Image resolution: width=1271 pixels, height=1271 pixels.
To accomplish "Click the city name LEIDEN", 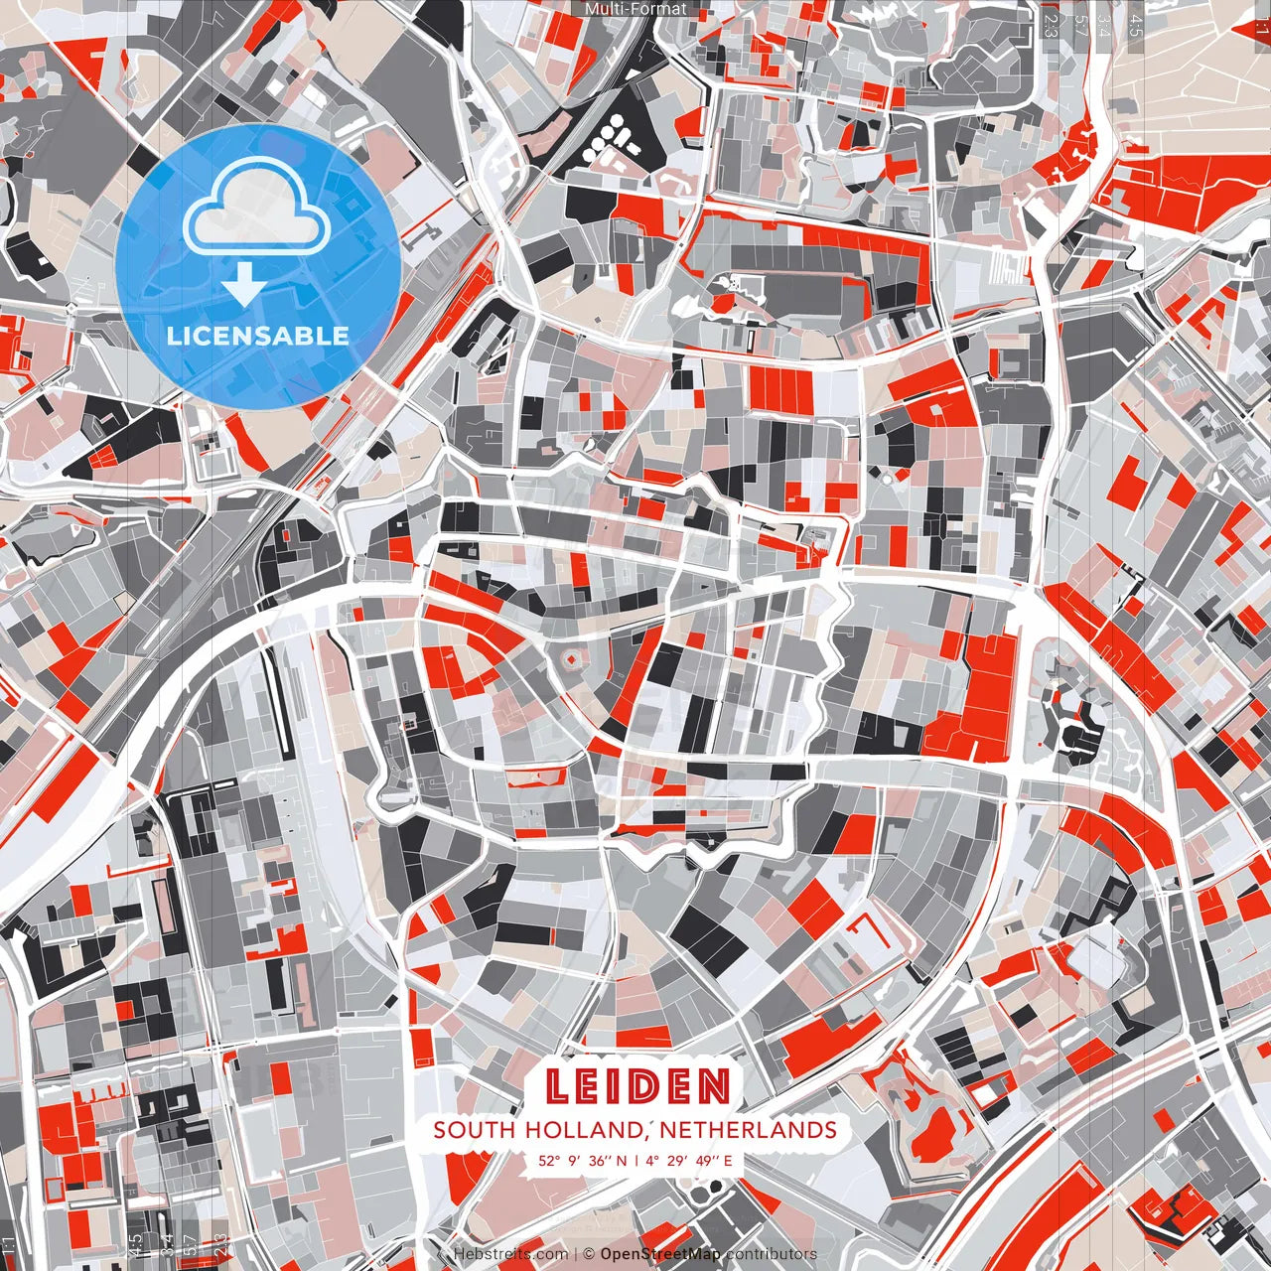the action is click(637, 1087).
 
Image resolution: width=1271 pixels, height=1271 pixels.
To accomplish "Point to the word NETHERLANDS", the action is click(748, 1130).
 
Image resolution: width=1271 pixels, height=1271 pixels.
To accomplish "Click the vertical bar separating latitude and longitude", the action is click(635, 1160).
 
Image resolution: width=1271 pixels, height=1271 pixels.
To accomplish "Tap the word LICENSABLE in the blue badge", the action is click(258, 336).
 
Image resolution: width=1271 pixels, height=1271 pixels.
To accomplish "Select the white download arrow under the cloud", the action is click(244, 286).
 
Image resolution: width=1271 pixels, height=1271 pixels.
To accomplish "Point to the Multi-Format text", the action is click(635, 9).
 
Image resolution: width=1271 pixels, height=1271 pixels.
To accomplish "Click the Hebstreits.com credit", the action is click(510, 1254).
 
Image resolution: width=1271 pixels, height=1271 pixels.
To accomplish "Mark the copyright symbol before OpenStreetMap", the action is click(588, 1254).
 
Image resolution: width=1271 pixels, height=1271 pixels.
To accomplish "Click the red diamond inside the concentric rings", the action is click(571, 658).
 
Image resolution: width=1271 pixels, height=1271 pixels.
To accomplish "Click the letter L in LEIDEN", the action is click(559, 1087).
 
